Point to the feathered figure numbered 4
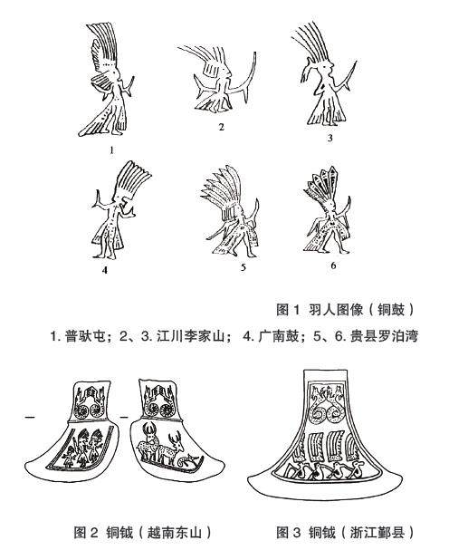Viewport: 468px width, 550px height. click(116, 210)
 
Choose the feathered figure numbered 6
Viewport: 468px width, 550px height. click(328, 210)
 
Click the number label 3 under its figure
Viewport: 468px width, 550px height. click(330, 139)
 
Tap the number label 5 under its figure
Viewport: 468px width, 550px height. click(244, 267)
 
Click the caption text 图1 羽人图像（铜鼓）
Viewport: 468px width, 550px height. click(345, 309)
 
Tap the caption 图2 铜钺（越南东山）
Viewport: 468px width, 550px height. click(143, 533)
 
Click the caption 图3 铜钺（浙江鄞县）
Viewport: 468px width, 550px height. click(345, 533)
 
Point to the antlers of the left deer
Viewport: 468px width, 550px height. click(149, 429)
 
